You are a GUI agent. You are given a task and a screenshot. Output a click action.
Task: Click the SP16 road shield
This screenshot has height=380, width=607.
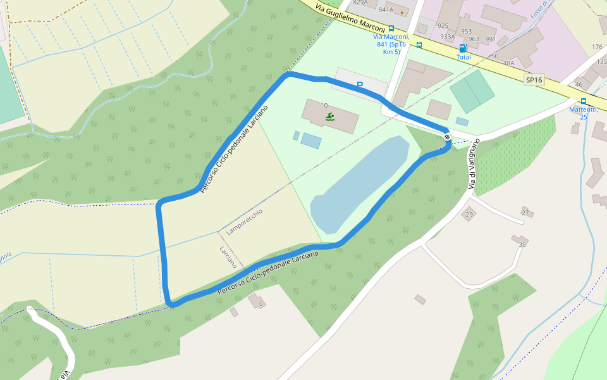tap(534, 80)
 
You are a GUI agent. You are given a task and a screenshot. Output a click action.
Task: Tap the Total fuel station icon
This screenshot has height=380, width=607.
tap(463, 48)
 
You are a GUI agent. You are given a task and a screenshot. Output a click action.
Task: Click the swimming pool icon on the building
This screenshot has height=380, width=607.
tap(330, 117)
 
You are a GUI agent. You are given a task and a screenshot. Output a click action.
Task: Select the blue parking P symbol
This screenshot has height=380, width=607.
tap(360, 84)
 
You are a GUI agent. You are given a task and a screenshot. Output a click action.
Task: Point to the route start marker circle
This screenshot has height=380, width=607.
tap(447, 137)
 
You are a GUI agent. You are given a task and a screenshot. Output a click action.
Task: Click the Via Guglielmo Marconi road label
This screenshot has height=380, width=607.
tap(350, 18)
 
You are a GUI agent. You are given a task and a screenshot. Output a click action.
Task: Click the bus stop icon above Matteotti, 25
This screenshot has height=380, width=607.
tap(583, 101)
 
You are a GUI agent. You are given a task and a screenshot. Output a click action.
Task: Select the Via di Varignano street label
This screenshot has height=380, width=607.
tap(474, 163)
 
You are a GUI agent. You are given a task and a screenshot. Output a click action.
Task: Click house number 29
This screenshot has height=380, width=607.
tap(469, 215)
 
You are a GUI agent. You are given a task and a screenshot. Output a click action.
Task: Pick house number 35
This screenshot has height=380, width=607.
tap(522, 244)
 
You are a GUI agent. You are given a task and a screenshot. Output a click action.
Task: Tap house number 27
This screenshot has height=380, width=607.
tap(525, 212)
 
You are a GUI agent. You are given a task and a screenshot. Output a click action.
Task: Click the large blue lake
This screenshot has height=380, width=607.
tap(360, 187)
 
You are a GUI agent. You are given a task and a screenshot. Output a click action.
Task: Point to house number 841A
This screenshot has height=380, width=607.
tap(386, 10)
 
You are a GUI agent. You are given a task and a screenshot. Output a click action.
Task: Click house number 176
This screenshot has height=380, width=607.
tap(597, 47)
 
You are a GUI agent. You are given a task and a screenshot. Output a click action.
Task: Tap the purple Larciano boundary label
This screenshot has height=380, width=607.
tap(228, 256)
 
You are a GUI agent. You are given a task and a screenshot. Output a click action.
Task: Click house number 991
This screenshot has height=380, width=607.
tap(490, 39)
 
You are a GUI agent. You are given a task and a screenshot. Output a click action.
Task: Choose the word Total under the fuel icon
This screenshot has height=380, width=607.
tap(463, 57)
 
